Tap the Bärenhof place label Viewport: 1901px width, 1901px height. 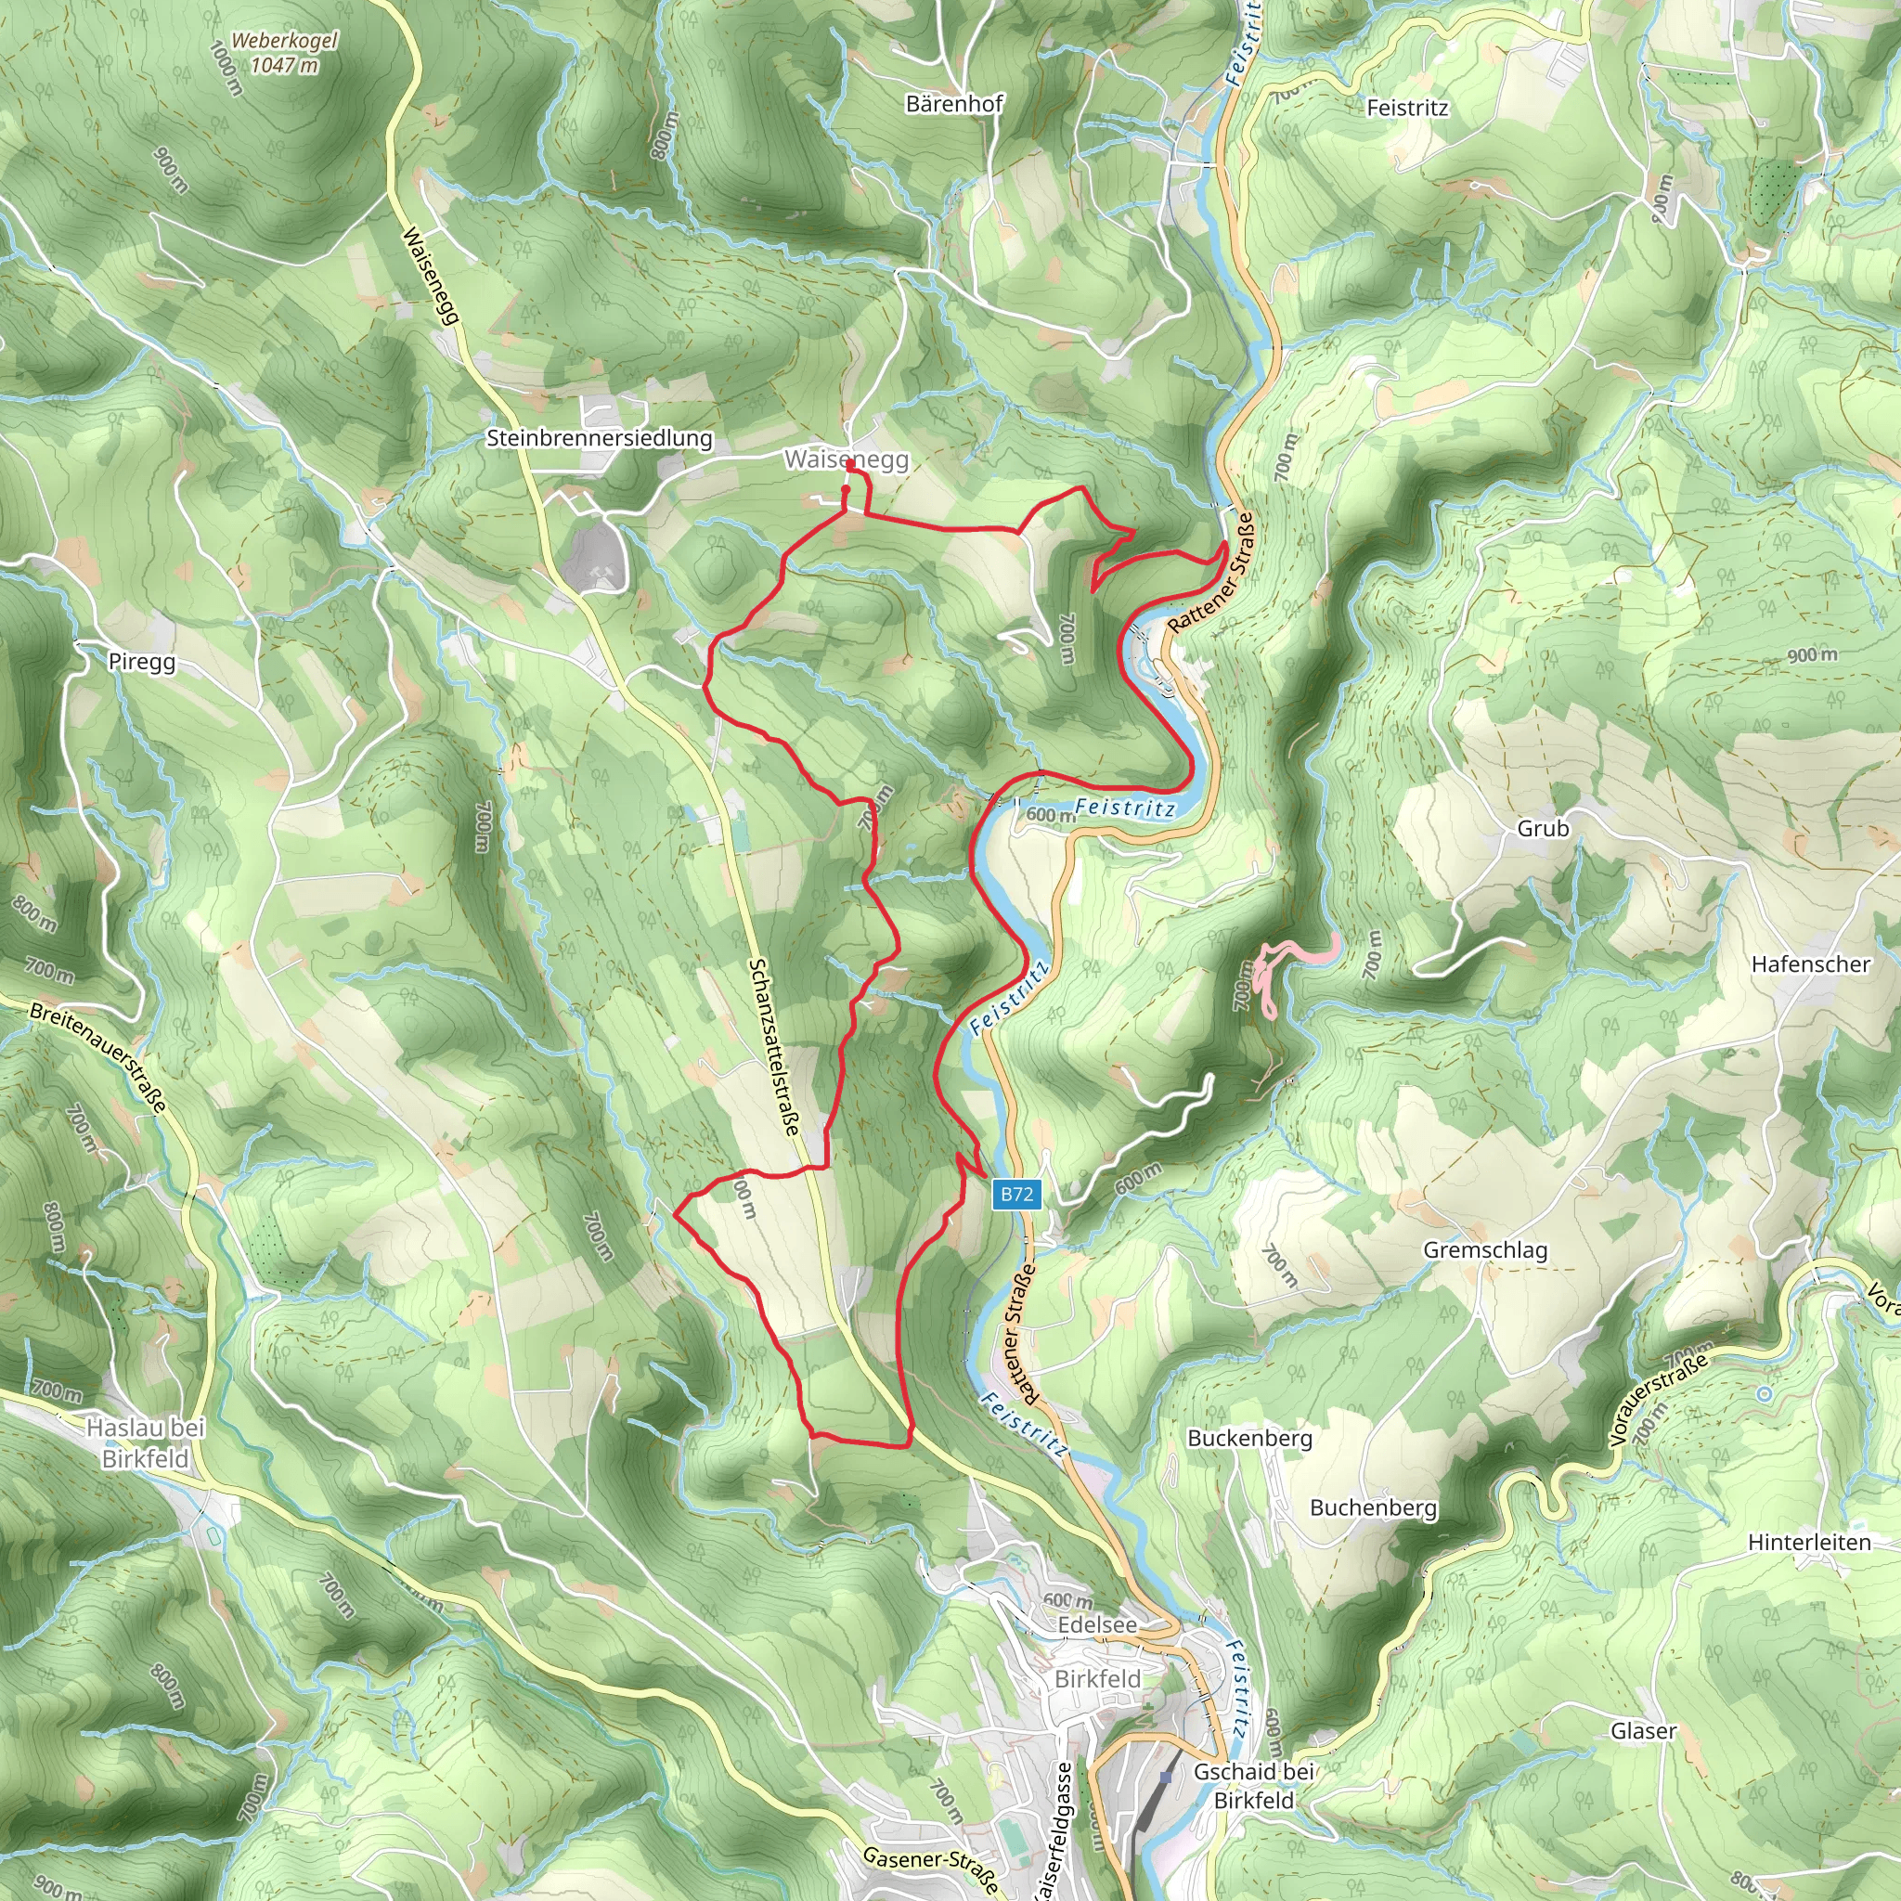[x=953, y=104]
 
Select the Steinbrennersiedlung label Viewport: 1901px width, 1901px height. [x=600, y=438]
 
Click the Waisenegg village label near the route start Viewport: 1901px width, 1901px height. [x=847, y=459]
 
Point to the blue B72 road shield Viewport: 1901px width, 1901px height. [x=1016, y=1195]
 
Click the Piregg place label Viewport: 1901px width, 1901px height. [x=142, y=661]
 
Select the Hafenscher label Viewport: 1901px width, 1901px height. [x=1809, y=964]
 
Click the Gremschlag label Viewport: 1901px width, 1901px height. [x=1485, y=1249]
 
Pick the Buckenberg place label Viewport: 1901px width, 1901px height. [x=1249, y=1438]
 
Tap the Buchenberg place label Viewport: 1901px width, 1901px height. [x=1373, y=1507]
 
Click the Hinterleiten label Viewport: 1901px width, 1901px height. [x=1808, y=1542]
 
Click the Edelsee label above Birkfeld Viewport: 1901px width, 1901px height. [x=1097, y=1624]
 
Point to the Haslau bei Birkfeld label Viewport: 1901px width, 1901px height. [x=146, y=1442]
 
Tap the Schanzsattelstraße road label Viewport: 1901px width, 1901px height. [x=774, y=1047]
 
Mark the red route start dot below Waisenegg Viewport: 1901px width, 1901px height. [x=846, y=488]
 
